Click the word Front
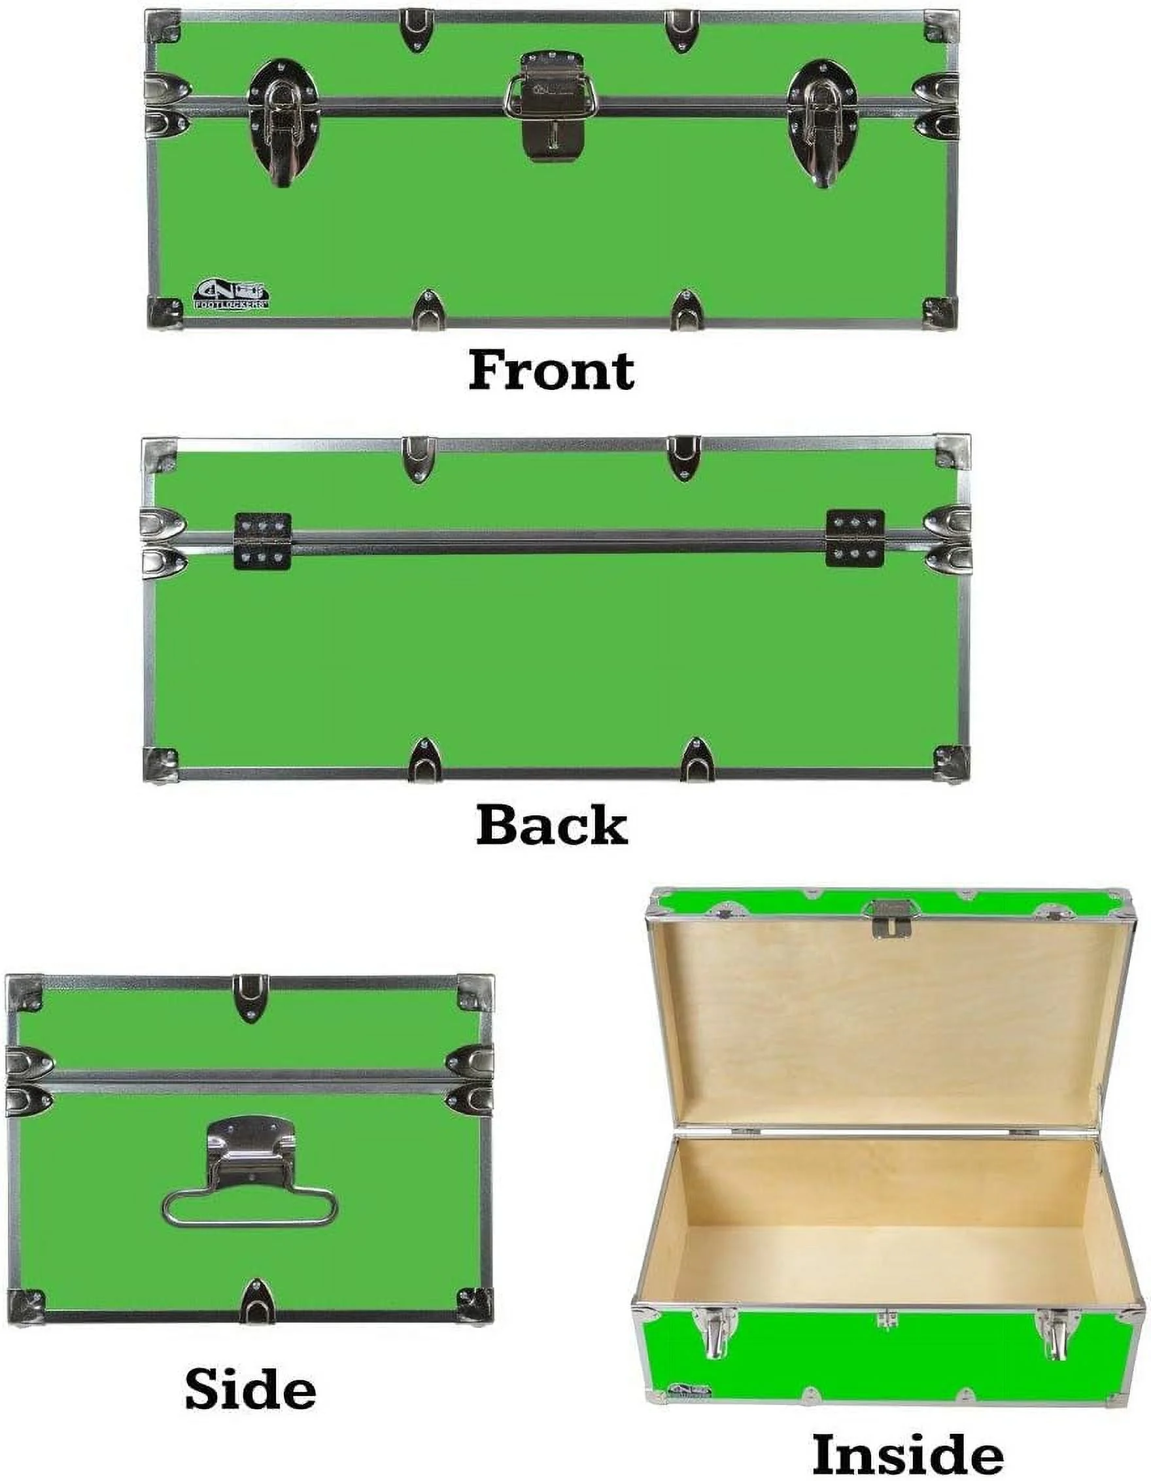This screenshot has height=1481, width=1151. (551, 370)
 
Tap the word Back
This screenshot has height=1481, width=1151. (551, 826)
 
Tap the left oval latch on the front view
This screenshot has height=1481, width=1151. (283, 122)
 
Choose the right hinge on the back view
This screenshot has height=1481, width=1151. (855, 538)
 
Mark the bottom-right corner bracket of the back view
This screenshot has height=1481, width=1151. (950, 763)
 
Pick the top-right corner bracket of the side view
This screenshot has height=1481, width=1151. (476, 994)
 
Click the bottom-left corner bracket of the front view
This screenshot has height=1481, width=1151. (165, 313)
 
